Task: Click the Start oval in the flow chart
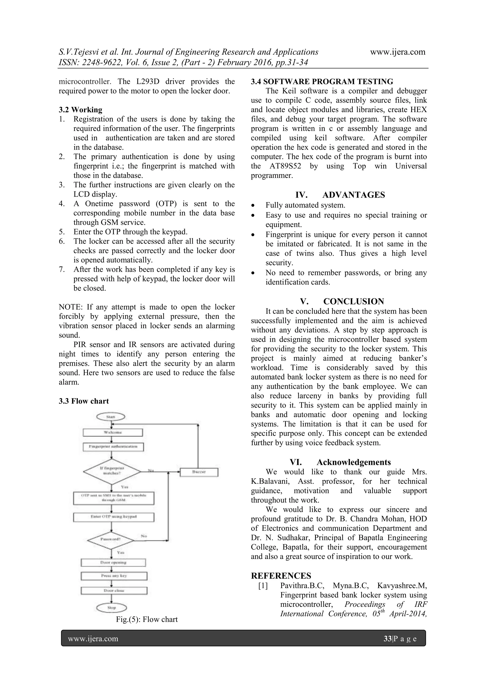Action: click(111, 417)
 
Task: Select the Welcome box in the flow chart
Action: click(112, 432)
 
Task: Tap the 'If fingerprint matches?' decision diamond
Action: click(112, 471)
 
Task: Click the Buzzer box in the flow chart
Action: click(199, 472)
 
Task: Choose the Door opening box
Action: click(113, 562)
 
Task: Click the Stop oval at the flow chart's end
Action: click(111, 608)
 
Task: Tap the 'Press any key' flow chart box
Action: click(114, 576)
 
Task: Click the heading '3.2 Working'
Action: click(80, 110)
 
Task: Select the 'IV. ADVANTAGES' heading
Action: click(340, 195)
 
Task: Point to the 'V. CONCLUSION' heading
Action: click(342, 301)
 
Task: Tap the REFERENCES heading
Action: click(281, 576)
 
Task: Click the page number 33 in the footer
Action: click(388, 639)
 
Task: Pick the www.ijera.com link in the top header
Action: click(397, 52)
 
